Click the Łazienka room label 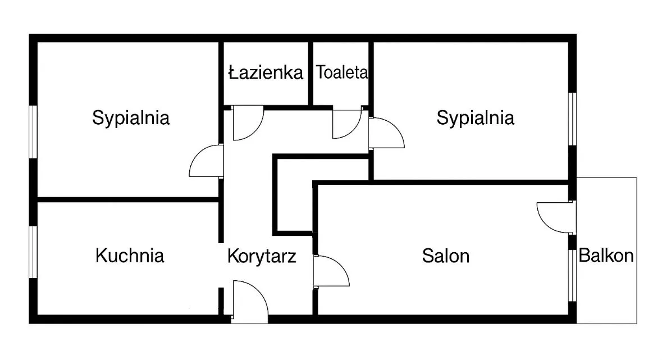click(266, 72)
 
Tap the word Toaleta click(342, 72)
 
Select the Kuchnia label click(130, 256)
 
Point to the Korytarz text click(261, 256)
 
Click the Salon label click(446, 256)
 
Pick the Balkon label click(606, 256)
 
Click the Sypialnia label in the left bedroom click(131, 118)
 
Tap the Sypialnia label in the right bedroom click(476, 118)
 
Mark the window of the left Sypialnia click(33, 132)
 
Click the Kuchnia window click(33, 252)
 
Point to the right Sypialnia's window click(572, 119)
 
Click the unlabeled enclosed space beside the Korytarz click(294, 194)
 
